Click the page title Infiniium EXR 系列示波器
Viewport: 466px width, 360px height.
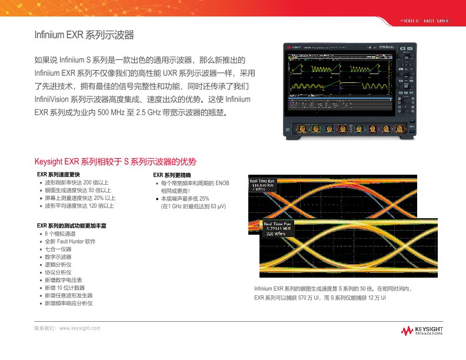click(x=85, y=36)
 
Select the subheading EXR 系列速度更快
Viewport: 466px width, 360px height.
click(x=58, y=175)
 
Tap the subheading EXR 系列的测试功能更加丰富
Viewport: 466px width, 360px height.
click(x=71, y=225)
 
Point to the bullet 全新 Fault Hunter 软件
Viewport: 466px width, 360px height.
click(x=70, y=242)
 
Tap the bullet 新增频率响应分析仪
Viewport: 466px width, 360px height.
click(x=69, y=303)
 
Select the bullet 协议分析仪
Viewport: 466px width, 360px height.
click(x=58, y=272)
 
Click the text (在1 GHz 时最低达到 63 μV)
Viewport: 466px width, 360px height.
click(x=194, y=206)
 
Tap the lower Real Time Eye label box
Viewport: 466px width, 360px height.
click(x=278, y=229)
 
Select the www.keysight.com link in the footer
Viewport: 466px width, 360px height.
click(x=80, y=328)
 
